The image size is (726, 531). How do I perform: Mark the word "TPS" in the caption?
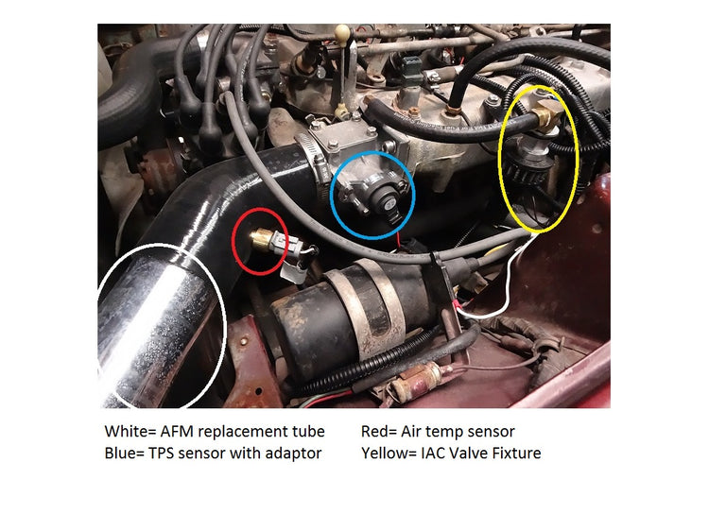click(x=170, y=454)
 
